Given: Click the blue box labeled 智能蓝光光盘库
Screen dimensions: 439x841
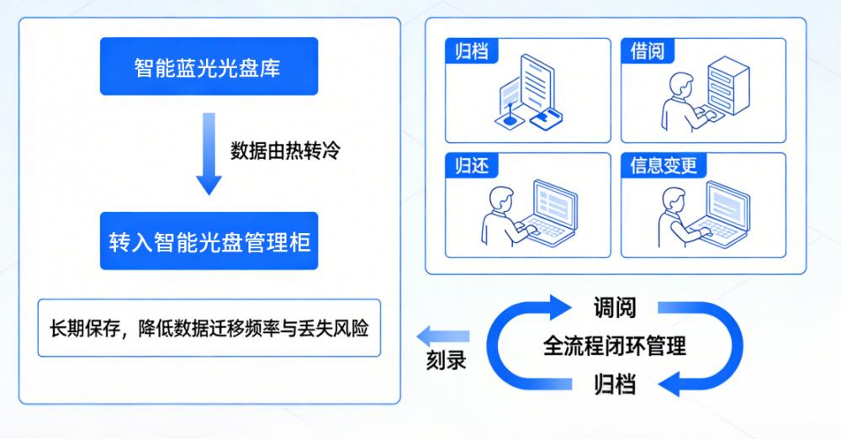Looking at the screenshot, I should point(209,67).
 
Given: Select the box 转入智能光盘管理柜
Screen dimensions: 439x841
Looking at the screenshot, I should point(209,242).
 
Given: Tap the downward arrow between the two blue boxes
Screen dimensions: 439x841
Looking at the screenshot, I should point(209,156).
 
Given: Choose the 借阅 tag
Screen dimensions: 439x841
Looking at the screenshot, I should point(647,50).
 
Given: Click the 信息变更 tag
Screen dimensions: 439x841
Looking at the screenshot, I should point(664,165).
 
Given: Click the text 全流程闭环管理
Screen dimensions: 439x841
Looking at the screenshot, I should point(614,345).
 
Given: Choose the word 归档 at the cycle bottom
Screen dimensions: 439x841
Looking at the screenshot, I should point(614,385).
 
